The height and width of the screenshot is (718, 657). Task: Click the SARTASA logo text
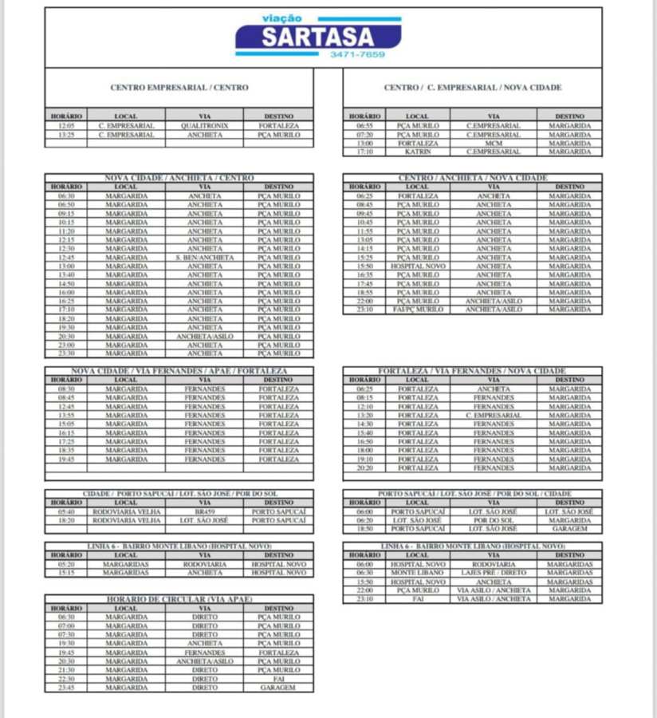coord(318,37)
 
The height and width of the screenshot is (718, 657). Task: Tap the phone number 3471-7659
coord(357,55)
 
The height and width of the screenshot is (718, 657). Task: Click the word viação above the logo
coord(281,18)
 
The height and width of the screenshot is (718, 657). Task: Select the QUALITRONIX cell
coord(205,126)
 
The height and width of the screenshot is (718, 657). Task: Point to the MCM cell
coord(494,143)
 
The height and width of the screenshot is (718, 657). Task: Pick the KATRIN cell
coord(418,152)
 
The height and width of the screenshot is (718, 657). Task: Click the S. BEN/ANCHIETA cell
coord(205,258)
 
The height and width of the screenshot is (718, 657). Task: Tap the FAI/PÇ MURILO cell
coord(418,310)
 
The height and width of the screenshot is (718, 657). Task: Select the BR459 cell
coord(205,511)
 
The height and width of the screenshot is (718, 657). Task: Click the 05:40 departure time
coord(66,511)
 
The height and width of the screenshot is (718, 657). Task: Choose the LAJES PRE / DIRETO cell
coord(494,573)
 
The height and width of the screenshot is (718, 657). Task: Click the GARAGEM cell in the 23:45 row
coord(277,687)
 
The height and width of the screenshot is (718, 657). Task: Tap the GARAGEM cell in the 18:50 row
coord(569,528)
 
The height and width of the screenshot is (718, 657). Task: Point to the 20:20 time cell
coord(364,468)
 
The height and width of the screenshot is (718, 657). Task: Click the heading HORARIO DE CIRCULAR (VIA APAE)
coord(179,598)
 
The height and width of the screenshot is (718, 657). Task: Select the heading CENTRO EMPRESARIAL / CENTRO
coord(179,88)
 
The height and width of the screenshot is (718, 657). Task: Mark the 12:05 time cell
coord(66,126)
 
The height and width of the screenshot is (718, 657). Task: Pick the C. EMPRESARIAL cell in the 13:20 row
coord(494,415)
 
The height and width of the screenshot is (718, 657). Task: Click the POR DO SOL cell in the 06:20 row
coord(494,520)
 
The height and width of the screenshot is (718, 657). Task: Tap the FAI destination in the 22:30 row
coord(277,678)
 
